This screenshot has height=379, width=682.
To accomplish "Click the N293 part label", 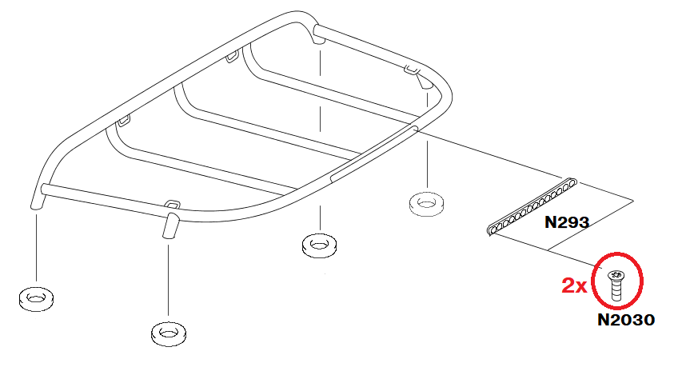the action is pyautogui.click(x=566, y=222).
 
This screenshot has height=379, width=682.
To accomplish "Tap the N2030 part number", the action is pyautogui.click(x=626, y=320).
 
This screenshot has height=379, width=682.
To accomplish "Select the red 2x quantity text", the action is pyautogui.click(x=574, y=286).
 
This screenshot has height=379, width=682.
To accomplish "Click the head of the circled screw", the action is pyautogui.click(x=616, y=274).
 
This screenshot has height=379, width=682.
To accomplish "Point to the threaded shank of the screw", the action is pyautogui.click(x=616, y=290).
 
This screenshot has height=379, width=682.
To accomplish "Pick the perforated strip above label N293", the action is pyautogui.click(x=532, y=206).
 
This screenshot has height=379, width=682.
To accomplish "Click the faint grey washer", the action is pyautogui.click(x=427, y=204).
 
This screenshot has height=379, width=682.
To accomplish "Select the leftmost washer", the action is pyautogui.click(x=36, y=299).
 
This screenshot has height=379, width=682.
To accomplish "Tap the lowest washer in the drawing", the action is pyautogui.click(x=169, y=333).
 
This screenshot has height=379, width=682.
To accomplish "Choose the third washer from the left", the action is pyautogui.click(x=319, y=245).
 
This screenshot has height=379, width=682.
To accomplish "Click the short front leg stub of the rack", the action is pyautogui.click(x=170, y=225).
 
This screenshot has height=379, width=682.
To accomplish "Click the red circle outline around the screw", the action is pyautogui.click(x=593, y=281).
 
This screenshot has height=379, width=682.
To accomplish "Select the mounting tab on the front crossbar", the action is pyautogui.click(x=173, y=204).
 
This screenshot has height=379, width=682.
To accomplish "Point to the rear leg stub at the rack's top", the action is pyautogui.click(x=319, y=37).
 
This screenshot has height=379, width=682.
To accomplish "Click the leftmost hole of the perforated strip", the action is pyautogui.click(x=493, y=229).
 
